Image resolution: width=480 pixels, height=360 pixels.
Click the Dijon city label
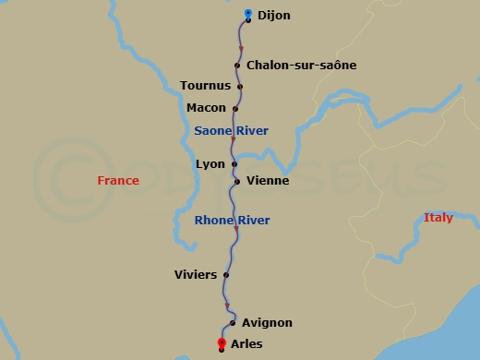[x=273, y=16]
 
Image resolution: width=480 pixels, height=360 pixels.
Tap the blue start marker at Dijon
[x=248, y=14]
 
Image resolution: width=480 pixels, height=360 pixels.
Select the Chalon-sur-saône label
[x=301, y=66]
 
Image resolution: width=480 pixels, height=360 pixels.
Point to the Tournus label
[x=205, y=87]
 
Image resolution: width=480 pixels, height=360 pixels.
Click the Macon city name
[x=206, y=108]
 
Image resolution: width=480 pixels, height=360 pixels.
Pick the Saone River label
[x=231, y=131]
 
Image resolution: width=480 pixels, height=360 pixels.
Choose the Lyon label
[x=210, y=164]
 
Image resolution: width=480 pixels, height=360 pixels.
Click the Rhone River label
[x=232, y=221]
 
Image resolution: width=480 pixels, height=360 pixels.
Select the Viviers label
[x=196, y=274]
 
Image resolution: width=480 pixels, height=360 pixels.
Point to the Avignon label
[x=267, y=323]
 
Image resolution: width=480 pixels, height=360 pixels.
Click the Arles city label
[x=246, y=344]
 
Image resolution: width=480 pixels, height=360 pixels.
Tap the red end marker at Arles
[x=222, y=344]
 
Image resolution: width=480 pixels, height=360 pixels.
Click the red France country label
[x=118, y=181]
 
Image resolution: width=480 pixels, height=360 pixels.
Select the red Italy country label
[x=438, y=218]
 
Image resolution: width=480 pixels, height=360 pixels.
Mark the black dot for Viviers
[x=226, y=274]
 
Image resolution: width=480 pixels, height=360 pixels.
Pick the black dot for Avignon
[x=233, y=323]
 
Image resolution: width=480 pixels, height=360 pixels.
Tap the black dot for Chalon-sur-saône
[x=238, y=66]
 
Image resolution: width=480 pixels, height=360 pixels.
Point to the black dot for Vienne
[x=237, y=181]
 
